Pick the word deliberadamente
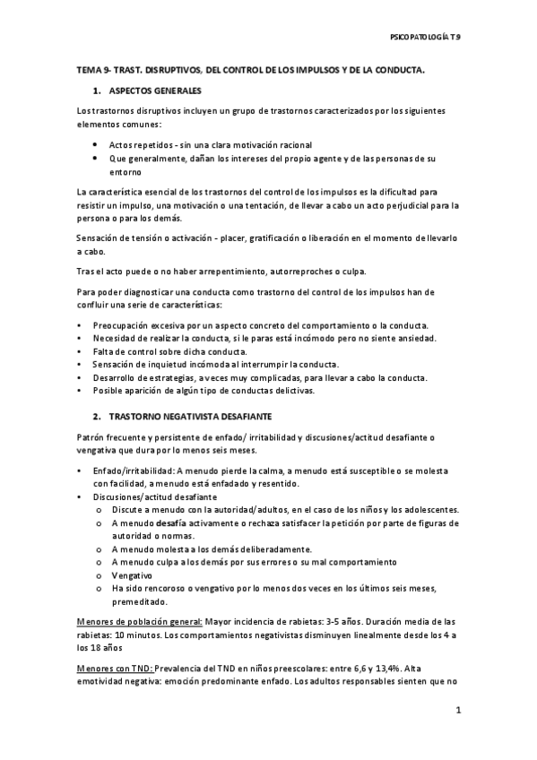(x=269, y=548)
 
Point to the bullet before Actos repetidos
(x=96, y=144)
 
